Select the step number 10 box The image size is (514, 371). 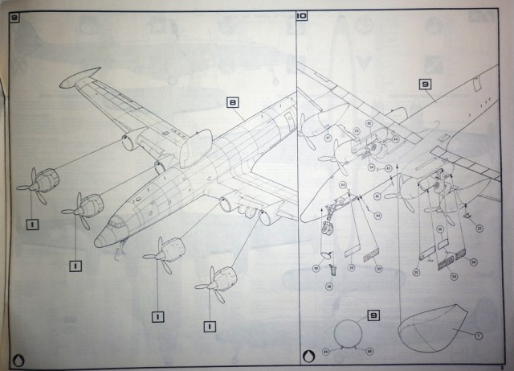click(301, 17)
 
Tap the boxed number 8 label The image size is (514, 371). click(232, 102)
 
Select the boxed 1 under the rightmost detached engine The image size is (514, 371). click(210, 326)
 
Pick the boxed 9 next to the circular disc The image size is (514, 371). click(372, 316)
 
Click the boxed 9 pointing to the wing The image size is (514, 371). click(425, 84)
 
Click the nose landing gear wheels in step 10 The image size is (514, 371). click(326, 236)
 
